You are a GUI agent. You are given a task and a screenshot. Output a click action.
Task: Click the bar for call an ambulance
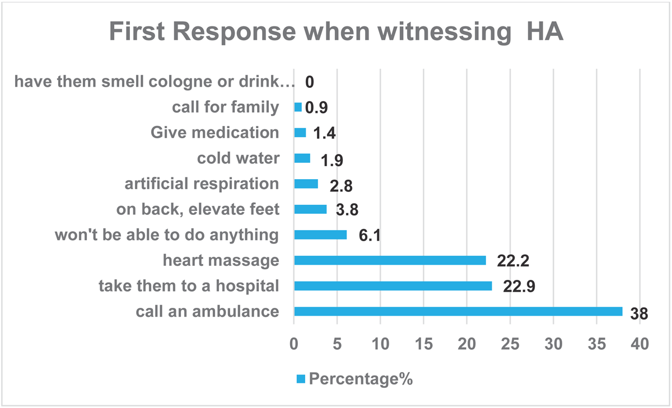(458, 311)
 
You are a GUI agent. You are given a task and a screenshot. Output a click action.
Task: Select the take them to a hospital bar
(393, 286)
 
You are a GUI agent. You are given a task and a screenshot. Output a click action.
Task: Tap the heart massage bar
(390, 260)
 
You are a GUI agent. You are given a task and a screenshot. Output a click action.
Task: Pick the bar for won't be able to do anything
(320, 235)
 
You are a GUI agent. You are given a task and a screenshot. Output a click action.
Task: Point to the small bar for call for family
(298, 107)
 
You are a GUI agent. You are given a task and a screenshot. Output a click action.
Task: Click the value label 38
(638, 314)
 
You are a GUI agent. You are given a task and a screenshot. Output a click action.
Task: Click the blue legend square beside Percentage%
(301, 379)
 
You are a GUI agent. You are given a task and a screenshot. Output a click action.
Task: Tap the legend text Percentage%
(361, 379)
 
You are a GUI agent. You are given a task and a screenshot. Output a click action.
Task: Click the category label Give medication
(214, 133)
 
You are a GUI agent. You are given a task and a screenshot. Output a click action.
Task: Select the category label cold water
(238, 158)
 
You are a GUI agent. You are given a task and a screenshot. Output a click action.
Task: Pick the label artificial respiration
(201, 184)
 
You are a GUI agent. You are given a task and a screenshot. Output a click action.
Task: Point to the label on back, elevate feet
(198, 209)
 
